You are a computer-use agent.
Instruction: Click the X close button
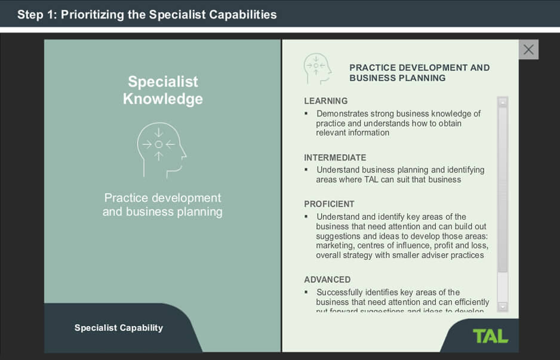pos(528,50)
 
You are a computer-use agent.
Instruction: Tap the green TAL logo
pos(490,336)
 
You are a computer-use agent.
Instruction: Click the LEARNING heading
pos(325,101)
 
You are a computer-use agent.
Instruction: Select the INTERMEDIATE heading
pos(335,158)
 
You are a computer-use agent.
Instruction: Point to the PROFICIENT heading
pos(329,204)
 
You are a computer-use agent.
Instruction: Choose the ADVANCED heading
pos(327,279)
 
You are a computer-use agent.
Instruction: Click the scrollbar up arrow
pos(502,102)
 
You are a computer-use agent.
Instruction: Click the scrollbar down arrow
pos(502,306)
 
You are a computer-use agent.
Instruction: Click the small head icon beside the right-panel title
pos(317,69)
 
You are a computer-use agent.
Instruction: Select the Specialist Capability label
pos(118,328)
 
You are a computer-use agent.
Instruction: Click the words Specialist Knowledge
pos(162,90)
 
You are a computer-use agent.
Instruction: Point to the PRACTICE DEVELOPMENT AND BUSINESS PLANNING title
pos(419,73)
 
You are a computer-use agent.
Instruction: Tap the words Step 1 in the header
pos(36,14)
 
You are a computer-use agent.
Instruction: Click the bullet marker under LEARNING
pos(306,113)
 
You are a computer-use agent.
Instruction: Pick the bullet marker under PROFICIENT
pos(306,217)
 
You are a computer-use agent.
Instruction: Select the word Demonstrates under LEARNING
pos(342,113)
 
